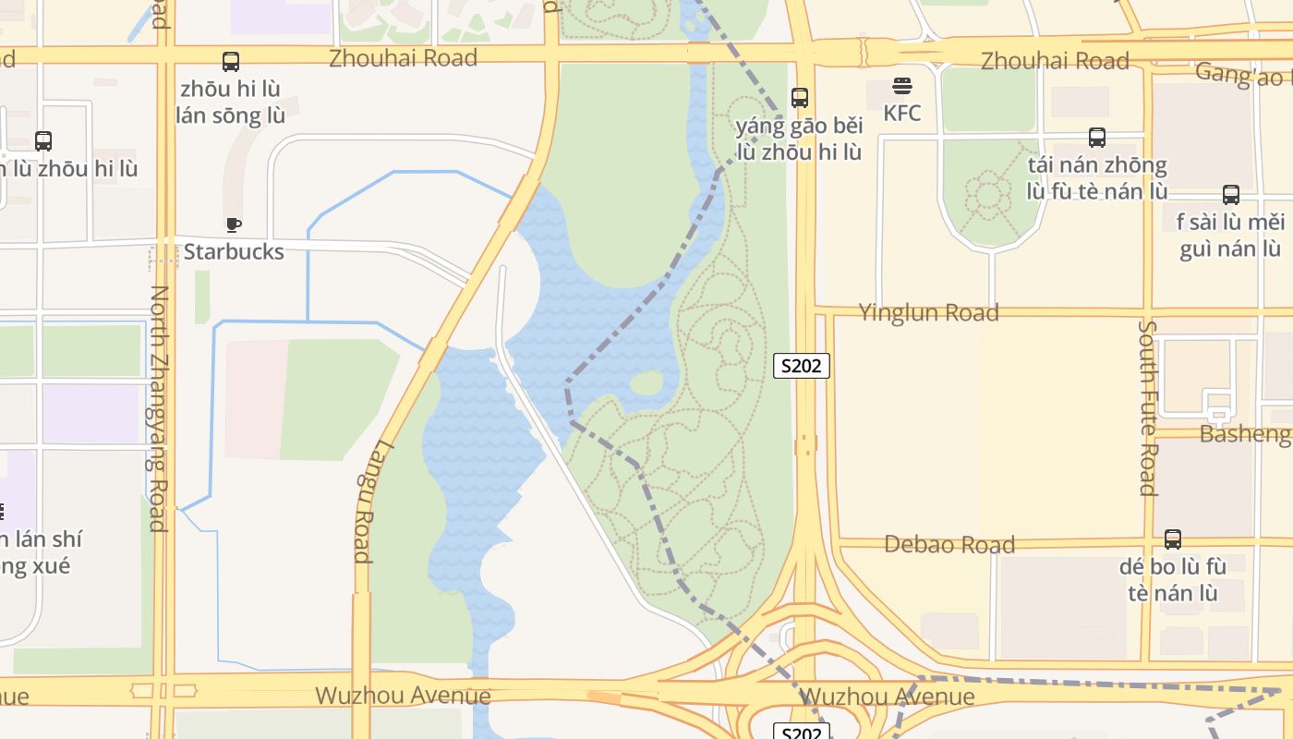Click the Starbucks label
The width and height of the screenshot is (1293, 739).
tap(234, 251)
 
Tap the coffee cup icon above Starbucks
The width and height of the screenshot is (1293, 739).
tap(234, 224)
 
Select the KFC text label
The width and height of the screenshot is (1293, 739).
tap(901, 113)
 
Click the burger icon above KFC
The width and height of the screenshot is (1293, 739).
tap(901, 87)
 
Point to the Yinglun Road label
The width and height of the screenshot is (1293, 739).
tap(928, 313)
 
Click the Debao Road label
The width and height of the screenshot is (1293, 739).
tap(949, 544)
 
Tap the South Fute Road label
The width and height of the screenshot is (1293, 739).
tap(1148, 407)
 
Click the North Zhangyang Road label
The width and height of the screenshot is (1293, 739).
tap(158, 407)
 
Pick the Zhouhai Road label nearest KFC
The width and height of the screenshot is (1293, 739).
tap(1055, 61)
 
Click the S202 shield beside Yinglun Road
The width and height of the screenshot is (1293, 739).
tap(801, 366)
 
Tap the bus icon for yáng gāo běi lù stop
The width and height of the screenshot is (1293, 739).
tap(800, 97)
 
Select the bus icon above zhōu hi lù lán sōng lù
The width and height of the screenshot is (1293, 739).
tap(231, 62)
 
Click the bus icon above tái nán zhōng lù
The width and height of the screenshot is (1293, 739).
tap(1097, 138)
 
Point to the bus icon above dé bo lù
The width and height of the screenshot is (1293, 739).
tap(1173, 539)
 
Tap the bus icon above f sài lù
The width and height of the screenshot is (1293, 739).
tap(1231, 195)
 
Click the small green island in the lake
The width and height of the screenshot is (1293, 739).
tap(646, 382)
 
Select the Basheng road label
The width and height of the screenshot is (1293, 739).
tap(1244, 433)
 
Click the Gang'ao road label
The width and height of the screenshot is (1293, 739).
tap(1242, 74)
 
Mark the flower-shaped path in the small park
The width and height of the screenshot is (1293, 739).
tap(989, 195)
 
